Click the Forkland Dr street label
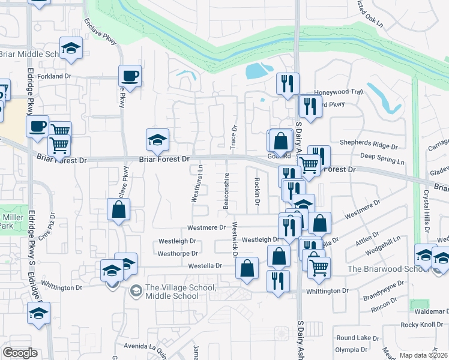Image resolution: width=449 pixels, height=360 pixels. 54,77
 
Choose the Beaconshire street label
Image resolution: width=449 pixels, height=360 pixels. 227,191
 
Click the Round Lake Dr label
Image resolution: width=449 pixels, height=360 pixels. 354,338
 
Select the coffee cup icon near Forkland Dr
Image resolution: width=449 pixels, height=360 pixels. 130,76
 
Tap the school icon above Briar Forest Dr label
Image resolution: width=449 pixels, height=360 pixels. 157,140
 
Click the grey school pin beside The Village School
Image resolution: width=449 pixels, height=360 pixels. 136,291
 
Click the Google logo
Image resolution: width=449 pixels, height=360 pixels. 20,352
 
